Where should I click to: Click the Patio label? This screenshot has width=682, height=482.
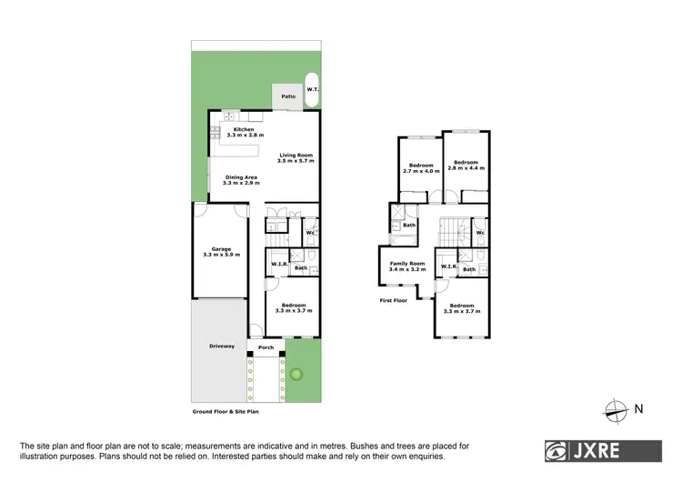coord(288,95)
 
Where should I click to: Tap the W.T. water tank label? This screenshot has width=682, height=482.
coord(312,88)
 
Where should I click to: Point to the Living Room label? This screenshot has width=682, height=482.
coord(296,156)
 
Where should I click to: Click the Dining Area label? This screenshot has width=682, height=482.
coord(241,180)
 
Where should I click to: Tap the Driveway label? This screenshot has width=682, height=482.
coord(222,346)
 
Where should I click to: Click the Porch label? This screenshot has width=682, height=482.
coord(266,347)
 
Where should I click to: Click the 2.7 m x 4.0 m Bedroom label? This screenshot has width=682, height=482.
coord(420,167)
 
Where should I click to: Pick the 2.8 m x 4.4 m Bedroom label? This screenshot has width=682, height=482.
coord(466,165)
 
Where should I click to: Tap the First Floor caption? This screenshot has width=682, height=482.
coord(393,300)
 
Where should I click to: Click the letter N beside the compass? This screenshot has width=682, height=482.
coord(638,409)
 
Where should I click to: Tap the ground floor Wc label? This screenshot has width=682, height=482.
coord(310,234)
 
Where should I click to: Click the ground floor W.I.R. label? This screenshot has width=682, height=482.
coord(279,265)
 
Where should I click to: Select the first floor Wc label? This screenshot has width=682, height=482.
coord(479,233)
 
